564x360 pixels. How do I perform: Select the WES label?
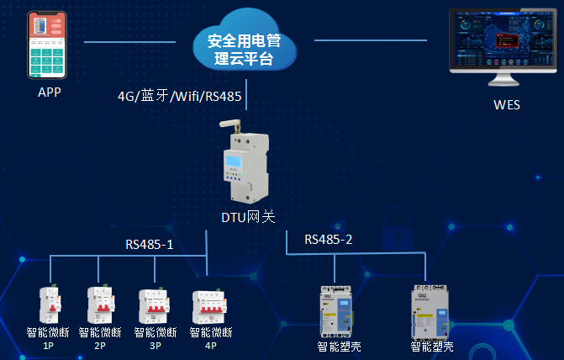[x=506, y=105]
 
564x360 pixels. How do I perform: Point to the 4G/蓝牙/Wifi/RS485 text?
[x=180, y=96]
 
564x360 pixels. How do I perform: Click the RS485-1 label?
[x=150, y=245]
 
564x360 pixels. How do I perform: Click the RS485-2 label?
[x=328, y=240]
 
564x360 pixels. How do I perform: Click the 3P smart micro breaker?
[x=155, y=306]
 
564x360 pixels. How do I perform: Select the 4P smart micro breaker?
[x=210, y=308]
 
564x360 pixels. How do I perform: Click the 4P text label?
[x=209, y=345]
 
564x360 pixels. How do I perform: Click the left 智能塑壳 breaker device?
[x=336, y=310]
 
